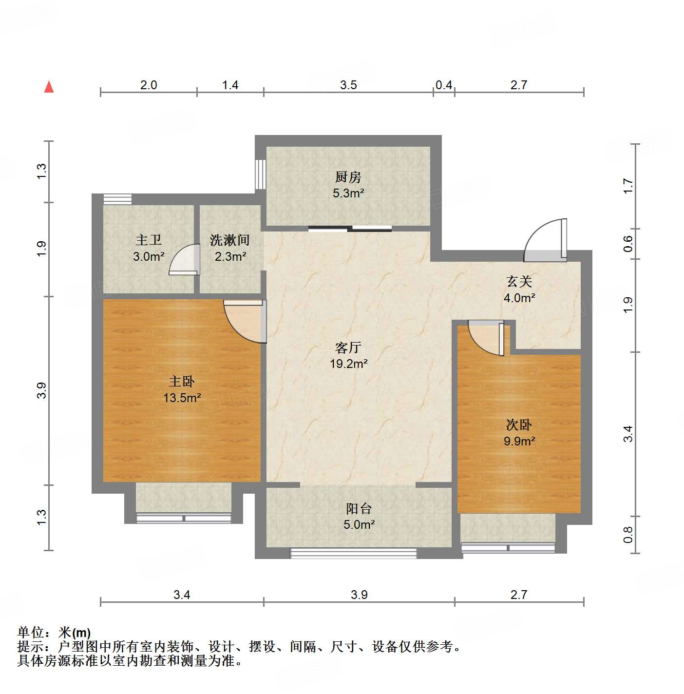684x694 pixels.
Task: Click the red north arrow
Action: pos(49,87)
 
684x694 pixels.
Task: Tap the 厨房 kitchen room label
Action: pos(348,177)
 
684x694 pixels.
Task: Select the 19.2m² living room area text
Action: pos(348,364)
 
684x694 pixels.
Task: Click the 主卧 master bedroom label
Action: pos(181,382)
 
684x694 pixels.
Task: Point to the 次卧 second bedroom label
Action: pos(519,425)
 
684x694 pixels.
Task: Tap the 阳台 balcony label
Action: pos(359,509)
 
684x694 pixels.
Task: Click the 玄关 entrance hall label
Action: pos(519,281)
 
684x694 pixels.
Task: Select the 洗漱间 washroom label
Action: pos(229,240)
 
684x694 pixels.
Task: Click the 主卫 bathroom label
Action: pos(149,240)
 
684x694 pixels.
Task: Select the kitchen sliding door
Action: pos(350,228)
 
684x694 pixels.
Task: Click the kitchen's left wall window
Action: pos(260,174)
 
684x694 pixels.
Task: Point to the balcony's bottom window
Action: pos(354,553)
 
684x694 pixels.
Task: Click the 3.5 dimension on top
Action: pos(348,85)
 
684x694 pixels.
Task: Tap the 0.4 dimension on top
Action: pos(443,85)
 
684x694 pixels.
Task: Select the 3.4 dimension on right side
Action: pos(628,434)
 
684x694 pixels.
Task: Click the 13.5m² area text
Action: pos(182,398)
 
